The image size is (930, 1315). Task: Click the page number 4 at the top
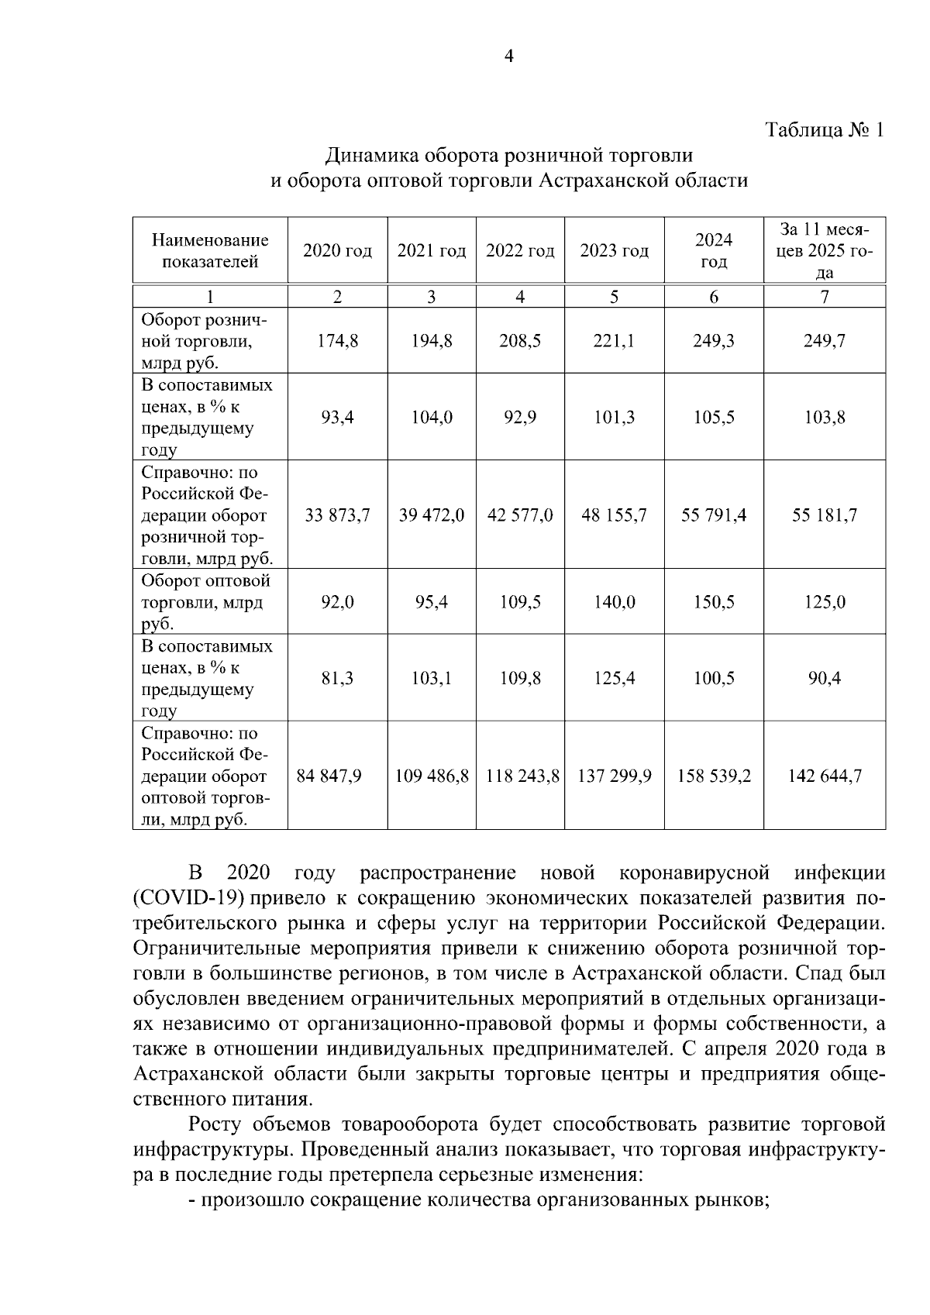[509, 56]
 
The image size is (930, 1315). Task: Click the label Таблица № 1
[824, 129]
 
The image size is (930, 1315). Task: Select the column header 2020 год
[337, 251]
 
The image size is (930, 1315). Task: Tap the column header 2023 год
[614, 251]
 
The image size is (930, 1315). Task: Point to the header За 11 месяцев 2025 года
[825, 251]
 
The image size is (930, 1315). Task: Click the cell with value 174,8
[337, 341]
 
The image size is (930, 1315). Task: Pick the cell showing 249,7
[825, 341]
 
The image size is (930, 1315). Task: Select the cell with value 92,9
[520, 418]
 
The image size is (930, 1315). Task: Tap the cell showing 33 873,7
[337, 515]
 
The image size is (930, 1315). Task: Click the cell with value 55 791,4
[714, 515]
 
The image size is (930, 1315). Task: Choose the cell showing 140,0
[614, 602]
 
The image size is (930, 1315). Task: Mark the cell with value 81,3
[337, 679]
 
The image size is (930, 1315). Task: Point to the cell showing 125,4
[614, 679]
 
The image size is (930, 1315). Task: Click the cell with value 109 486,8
[432, 776]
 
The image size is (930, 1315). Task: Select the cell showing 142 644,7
[825, 776]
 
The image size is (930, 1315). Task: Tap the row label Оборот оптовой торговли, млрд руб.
[205, 602]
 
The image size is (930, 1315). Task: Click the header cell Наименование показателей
[210, 251]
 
